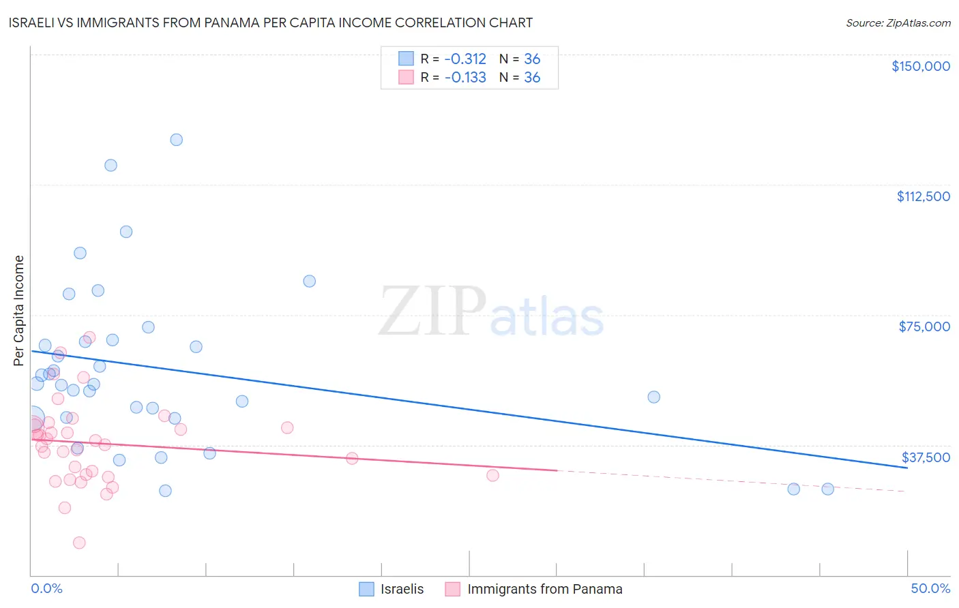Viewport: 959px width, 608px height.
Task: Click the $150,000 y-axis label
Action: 920,66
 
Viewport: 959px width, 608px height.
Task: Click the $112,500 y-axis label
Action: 923,196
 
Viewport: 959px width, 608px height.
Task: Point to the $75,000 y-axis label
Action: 924,326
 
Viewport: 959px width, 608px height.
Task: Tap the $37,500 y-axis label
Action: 926,457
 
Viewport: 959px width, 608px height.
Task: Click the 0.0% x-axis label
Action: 46,588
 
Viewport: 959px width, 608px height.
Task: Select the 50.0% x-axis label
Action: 930,588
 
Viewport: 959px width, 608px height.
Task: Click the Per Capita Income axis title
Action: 19,310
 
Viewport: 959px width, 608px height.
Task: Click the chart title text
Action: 271,22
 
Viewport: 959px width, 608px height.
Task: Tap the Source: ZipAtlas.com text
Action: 898,22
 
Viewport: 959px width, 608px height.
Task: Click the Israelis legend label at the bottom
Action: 402,589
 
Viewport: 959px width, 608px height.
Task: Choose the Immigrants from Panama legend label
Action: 544,589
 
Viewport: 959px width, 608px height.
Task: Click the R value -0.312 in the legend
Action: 465,59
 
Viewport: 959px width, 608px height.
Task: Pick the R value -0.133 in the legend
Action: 465,78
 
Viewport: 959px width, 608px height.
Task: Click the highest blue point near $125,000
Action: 176,140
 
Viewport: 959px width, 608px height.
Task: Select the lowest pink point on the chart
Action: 79,543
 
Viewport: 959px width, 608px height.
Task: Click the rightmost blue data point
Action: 827,489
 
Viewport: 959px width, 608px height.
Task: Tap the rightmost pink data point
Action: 492,475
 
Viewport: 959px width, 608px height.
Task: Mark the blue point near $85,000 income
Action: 309,281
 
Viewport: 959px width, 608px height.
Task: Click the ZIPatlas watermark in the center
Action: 491,311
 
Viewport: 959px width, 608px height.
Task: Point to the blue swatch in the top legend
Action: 406,59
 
